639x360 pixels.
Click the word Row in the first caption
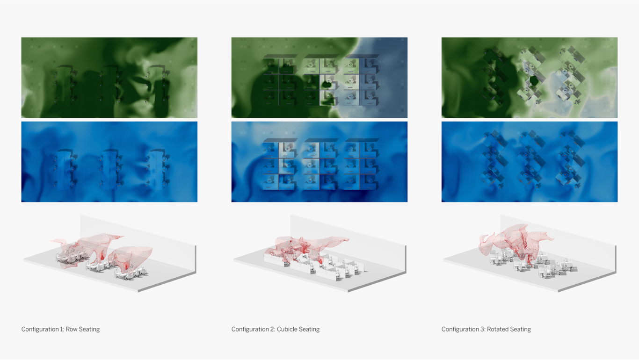pyautogui.click(x=71, y=329)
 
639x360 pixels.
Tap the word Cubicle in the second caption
pyautogui.click(x=288, y=329)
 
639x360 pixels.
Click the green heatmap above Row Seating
pyautogui.click(x=109, y=78)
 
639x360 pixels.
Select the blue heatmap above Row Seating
pyautogui.click(x=109, y=162)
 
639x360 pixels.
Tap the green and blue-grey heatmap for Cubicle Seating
pyautogui.click(x=319, y=78)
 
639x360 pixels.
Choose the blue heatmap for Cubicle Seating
pyautogui.click(x=319, y=162)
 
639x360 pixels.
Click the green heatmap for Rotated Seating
pyautogui.click(x=530, y=78)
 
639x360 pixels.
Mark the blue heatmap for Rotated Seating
pyautogui.click(x=530, y=162)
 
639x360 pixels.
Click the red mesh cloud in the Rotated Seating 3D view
pyautogui.click(x=514, y=242)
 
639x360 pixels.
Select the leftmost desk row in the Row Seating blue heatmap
pyautogui.click(x=65, y=169)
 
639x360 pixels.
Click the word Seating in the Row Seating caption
pyautogui.click(x=89, y=329)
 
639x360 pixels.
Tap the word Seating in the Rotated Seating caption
pyautogui.click(x=521, y=329)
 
